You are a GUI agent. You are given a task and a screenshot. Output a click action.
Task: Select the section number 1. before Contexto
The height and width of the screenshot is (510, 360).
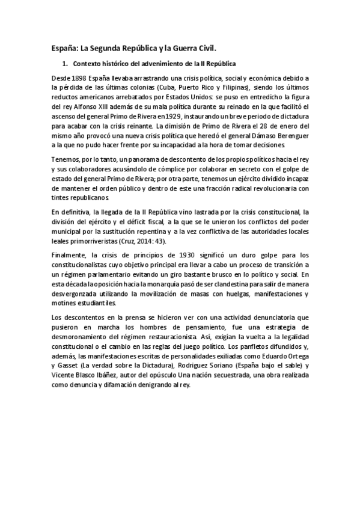[66, 63]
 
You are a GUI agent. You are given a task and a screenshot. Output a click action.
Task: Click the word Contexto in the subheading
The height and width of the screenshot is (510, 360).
[87, 63]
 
